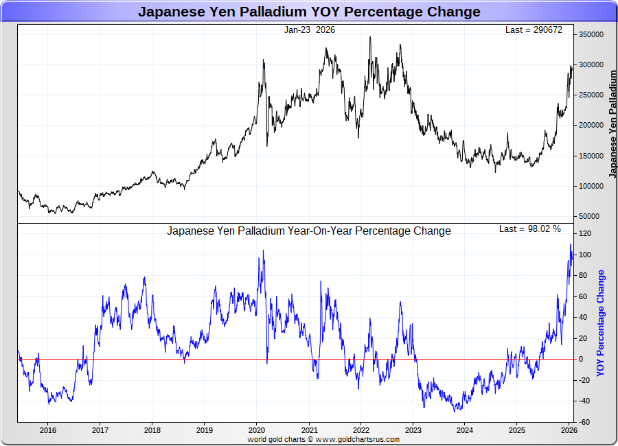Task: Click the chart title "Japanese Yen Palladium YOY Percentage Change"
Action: pyautogui.click(x=309, y=12)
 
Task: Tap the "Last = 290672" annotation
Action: pyautogui.click(x=533, y=30)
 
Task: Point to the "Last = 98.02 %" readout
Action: pyautogui.click(x=529, y=228)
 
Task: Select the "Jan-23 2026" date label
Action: pyautogui.click(x=310, y=30)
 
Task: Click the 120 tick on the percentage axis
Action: pyautogui.click(x=584, y=234)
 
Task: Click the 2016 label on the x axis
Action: pyautogui.click(x=48, y=431)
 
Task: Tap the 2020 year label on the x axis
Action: pyautogui.click(x=256, y=431)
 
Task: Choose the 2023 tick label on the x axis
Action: pyautogui.click(x=413, y=431)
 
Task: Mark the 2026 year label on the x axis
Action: pyautogui.click(x=569, y=431)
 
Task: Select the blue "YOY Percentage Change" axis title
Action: pyautogui.click(x=601, y=322)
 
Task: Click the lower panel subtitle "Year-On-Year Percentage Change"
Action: pyautogui.click(x=309, y=231)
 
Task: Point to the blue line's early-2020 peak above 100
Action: pyautogui.click(x=263, y=251)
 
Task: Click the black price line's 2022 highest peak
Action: pyautogui.click(x=370, y=38)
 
